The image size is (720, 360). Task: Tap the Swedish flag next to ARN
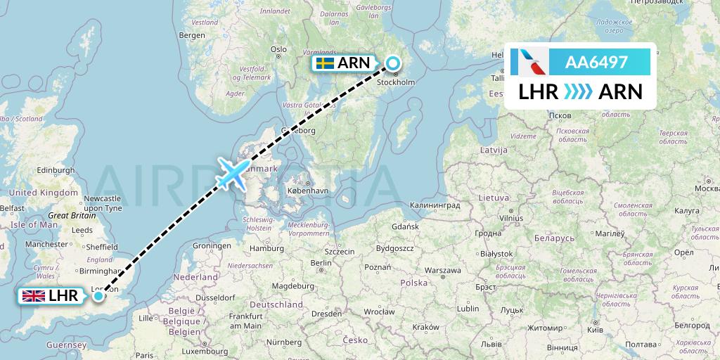click(x=324, y=63)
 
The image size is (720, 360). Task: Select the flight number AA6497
click(x=596, y=63)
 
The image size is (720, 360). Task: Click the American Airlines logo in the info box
click(x=528, y=63)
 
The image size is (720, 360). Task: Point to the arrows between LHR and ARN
click(x=578, y=91)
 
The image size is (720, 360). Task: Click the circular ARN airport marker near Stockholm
click(x=392, y=63)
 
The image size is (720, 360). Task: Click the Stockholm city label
click(x=397, y=82)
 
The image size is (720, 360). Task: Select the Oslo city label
click(x=278, y=49)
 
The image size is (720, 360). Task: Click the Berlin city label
click(x=320, y=263)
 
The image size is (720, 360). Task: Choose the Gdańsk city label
click(x=406, y=226)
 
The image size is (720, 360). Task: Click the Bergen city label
click(x=191, y=34)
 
